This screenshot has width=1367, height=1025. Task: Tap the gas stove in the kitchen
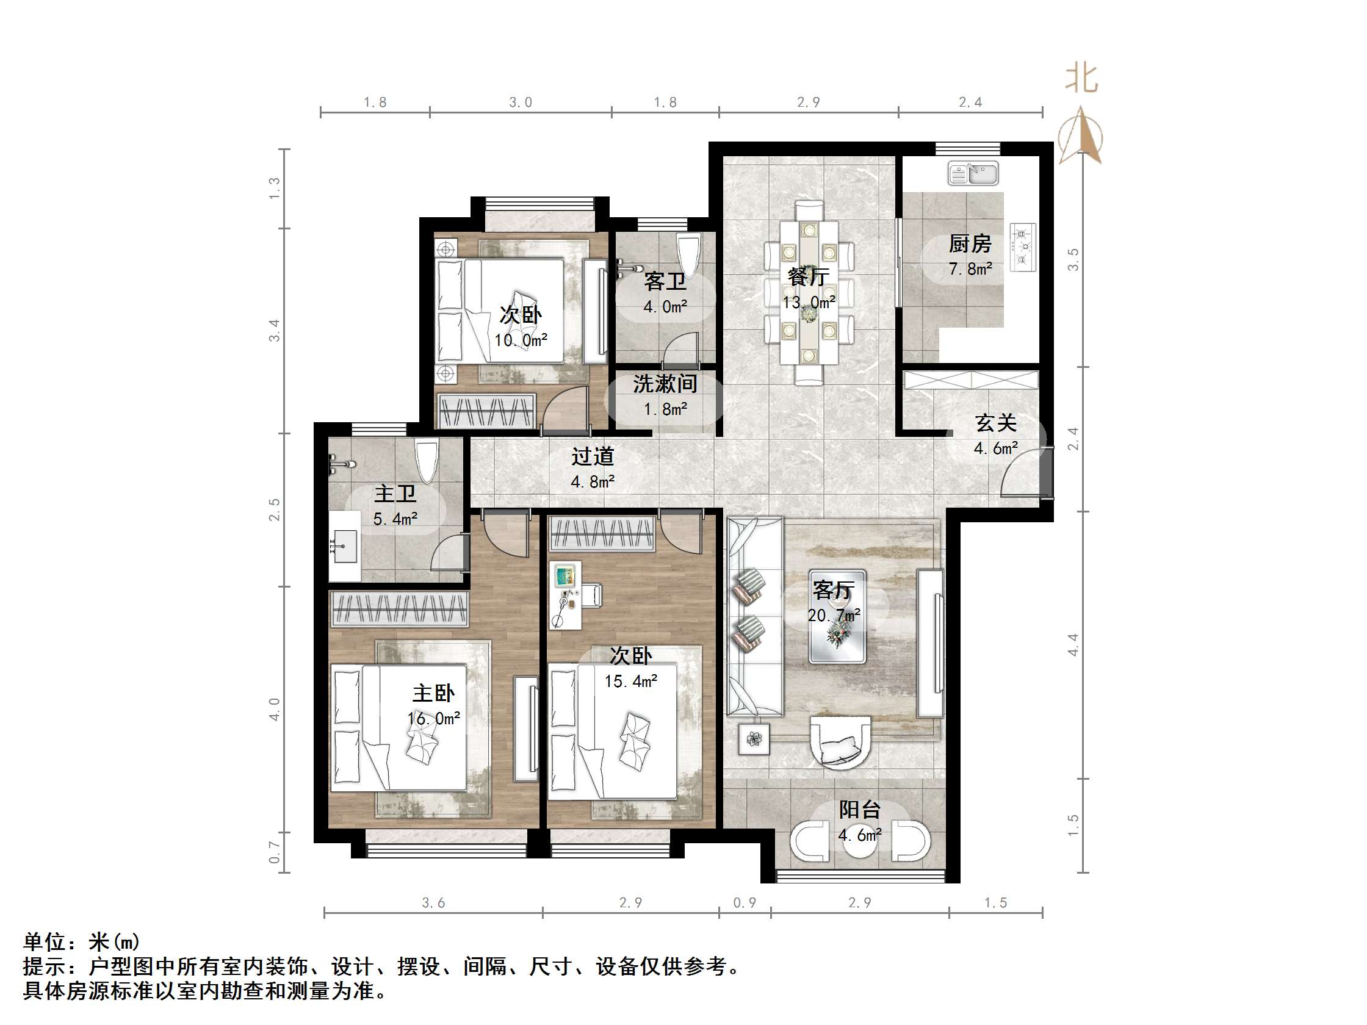coord(1023,247)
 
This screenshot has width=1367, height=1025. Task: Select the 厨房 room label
coord(970,244)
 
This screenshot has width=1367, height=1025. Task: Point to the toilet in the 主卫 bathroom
coord(427,461)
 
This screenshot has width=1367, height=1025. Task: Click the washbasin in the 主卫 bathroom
coord(344,547)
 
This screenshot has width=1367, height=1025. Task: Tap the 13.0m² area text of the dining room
coord(809,303)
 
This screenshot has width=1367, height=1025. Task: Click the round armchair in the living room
coord(840,743)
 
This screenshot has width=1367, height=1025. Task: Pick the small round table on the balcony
coord(860,840)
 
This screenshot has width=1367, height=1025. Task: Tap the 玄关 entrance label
coord(995,424)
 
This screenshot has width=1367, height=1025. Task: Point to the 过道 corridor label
coord(593,456)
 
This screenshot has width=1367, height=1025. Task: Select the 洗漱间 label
coord(665,384)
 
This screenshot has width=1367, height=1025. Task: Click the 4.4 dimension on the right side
coord(1073,645)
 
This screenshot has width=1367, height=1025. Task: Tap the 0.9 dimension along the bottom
coord(744,902)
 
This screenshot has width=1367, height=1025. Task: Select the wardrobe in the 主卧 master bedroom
coord(399,609)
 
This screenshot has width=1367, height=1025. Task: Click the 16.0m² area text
coord(434,719)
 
